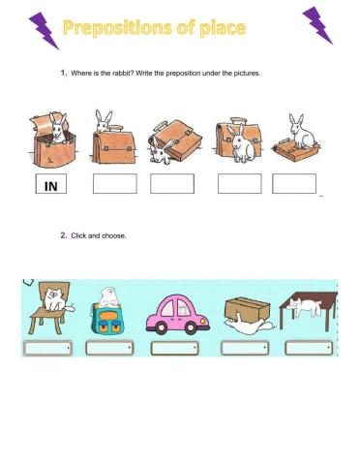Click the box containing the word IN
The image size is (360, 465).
[x=52, y=184]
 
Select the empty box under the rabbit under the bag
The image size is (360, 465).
[x=172, y=184]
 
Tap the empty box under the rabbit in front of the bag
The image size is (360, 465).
[x=239, y=184]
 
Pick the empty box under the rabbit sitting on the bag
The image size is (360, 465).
[x=294, y=184]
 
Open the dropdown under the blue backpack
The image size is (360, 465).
[x=109, y=348]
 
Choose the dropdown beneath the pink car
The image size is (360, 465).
[x=174, y=348]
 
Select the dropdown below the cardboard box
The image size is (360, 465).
[x=244, y=348]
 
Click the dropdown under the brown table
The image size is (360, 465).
[x=309, y=348]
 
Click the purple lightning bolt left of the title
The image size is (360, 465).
[x=44, y=31]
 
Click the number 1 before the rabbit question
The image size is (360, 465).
[x=63, y=73]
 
